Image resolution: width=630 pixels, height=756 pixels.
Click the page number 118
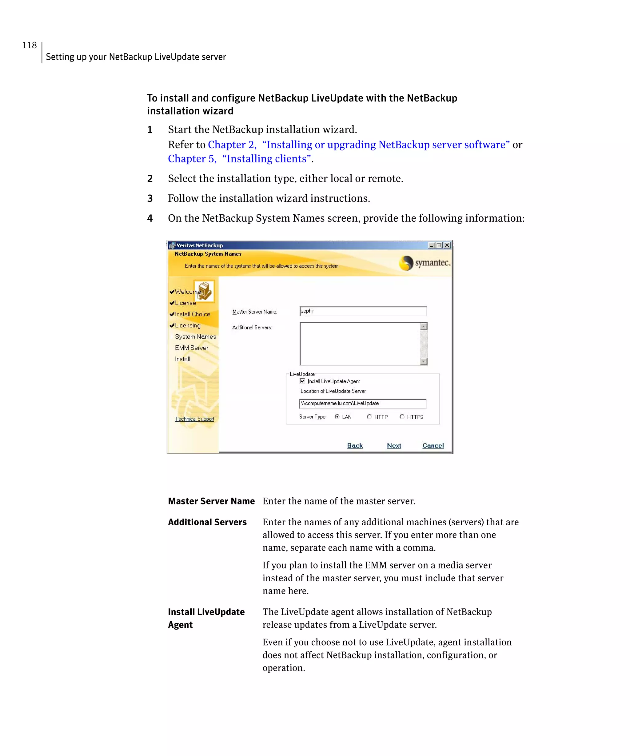tap(29, 45)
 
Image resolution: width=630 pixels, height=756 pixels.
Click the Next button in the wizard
tap(394, 445)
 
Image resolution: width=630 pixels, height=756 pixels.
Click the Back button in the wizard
tap(355, 445)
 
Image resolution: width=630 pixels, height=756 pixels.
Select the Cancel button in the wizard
tap(433, 445)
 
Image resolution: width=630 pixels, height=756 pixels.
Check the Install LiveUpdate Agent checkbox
tap(302, 381)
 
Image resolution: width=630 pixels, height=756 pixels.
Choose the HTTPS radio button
tap(402, 416)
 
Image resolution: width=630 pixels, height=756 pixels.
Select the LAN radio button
tap(337, 416)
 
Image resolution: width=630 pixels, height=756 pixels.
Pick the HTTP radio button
tap(369, 416)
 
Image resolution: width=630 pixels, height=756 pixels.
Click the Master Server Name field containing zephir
tap(362, 311)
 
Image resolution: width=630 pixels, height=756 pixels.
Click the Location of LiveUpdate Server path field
tap(362, 403)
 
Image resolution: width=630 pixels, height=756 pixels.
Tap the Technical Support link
tap(194, 419)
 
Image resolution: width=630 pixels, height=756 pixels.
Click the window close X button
tap(447, 245)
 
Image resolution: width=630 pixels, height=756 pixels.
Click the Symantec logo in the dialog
tap(424, 263)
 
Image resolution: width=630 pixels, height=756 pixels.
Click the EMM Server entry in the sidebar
tap(192, 348)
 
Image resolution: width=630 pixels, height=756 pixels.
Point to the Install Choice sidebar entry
tap(192, 314)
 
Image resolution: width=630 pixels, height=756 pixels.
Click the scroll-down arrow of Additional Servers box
tap(424, 361)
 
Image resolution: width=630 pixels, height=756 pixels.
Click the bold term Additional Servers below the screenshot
tap(207, 522)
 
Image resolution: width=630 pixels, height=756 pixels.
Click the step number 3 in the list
tap(150, 198)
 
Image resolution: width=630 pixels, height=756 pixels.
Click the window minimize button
tap(431, 245)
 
